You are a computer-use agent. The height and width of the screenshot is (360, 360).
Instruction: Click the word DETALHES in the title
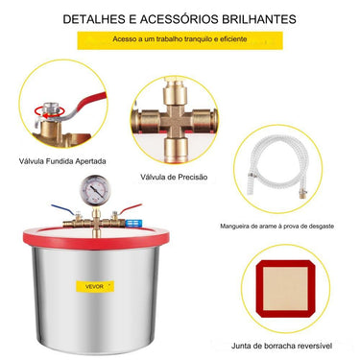94,19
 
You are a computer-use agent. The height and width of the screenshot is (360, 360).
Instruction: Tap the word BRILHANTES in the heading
259,19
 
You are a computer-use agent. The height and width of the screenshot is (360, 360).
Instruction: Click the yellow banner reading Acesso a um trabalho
180,40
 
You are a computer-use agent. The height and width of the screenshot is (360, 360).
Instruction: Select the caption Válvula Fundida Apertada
62,161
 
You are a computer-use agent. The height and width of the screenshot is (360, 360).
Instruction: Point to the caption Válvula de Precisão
174,177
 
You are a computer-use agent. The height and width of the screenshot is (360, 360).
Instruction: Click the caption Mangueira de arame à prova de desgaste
276,227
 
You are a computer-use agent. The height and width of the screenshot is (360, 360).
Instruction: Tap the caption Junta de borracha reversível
281,346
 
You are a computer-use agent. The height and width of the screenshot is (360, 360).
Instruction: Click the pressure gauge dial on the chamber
95,189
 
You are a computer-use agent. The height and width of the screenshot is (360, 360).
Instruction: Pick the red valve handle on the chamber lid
131,208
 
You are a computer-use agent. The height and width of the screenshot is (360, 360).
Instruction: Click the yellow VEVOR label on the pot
95,286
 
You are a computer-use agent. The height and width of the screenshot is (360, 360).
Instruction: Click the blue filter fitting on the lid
131,224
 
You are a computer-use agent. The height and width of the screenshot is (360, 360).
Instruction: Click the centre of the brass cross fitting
175,121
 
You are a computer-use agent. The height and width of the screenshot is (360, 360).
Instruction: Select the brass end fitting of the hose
302,193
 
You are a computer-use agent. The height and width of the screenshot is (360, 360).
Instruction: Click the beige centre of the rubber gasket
285,289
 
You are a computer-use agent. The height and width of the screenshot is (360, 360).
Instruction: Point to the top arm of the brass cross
175,93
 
